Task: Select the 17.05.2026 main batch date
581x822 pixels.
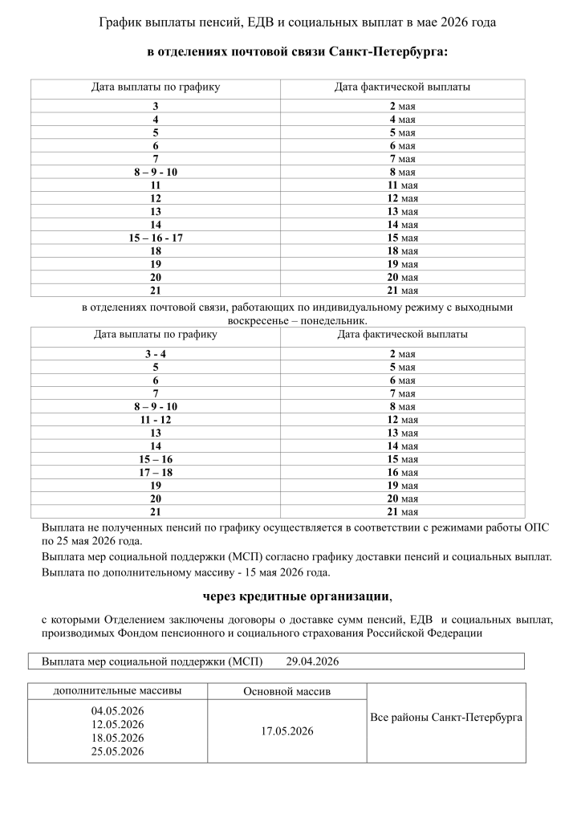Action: click(x=286, y=731)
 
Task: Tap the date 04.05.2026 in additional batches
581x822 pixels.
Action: click(x=117, y=710)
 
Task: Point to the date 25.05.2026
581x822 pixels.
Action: click(x=117, y=751)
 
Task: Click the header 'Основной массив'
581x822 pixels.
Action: click(x=286, y=691)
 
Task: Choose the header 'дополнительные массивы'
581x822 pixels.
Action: click(x=117, y=690)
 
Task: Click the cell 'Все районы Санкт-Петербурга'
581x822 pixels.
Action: click(x=446, y=716)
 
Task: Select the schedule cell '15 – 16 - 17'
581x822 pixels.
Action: click(x=156, y=238)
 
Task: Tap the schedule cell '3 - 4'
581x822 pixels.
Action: click(x=156, y=354)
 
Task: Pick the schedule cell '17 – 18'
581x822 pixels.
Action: click(x=156, y=472)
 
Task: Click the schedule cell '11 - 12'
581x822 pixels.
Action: click(x=156, y=420)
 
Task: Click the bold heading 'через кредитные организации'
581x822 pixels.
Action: click(x=297, y=596)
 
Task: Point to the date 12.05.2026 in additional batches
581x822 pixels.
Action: click(x=117, y=724)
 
